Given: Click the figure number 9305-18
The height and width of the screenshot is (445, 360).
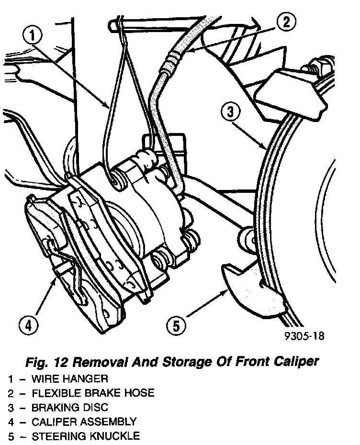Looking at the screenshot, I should (304, 335).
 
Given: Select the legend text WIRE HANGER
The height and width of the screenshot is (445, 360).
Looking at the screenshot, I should (69, 379).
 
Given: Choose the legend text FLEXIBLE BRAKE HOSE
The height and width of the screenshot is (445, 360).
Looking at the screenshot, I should (93, 393).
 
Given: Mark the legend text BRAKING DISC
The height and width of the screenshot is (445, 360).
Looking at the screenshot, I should (70, 408).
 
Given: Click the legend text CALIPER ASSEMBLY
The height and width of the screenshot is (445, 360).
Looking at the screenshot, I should (84, 422).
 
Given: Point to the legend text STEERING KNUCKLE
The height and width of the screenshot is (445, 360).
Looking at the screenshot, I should (86, 436).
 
